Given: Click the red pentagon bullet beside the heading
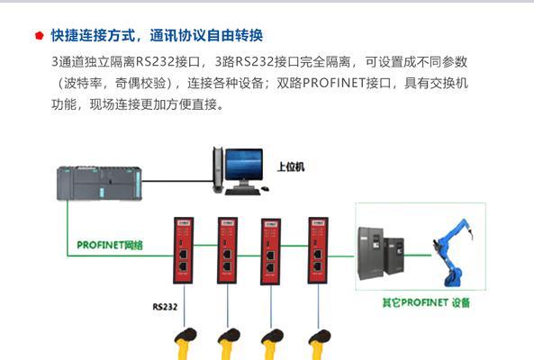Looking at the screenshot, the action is pos(40,35).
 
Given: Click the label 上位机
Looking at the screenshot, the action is pos(291,166).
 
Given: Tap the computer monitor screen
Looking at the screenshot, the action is pos(244,165).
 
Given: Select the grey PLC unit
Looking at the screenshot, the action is pos(99,183).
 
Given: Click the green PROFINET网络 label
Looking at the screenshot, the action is pos(110,245).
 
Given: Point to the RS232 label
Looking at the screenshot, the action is pos(165,307).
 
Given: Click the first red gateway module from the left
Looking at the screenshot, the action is pos(184,250).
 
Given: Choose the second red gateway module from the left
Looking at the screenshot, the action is pos(228,250).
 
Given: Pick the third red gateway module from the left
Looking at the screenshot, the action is pos(271,252).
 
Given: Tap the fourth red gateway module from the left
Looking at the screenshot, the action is pos(318,250).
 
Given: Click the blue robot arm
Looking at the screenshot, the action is pos(451,253).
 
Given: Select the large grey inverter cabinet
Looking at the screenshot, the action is pos(370,253).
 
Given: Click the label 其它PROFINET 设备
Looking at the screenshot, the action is pos(426,302).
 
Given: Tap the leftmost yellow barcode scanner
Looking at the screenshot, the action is pos(185,343).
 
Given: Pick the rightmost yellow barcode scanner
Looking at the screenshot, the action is pos(319,343).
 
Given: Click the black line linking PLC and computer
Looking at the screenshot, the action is pos(177,181).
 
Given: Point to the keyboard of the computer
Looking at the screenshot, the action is pos(242,192).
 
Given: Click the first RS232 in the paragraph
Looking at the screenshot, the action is pos(155,62).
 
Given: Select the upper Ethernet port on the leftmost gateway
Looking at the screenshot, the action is pos(183,254).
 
